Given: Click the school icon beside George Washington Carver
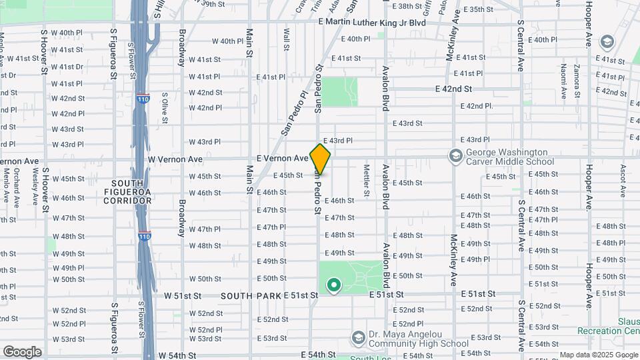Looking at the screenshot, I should point(455,156).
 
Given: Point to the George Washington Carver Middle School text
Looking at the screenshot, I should point(510,157).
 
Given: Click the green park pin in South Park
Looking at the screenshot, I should point(333,286).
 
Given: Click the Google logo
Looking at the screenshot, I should point(22,351).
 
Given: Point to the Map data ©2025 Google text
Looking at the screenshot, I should point(598,355).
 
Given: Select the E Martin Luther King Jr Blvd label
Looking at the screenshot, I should point(372,22).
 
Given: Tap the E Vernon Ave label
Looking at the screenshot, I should point(283,159).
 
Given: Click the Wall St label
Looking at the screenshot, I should point(287,39).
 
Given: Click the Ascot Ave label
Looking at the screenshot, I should point(623,181).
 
